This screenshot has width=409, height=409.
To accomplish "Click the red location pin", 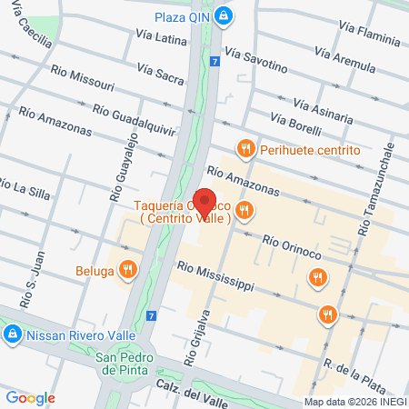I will [204, 202].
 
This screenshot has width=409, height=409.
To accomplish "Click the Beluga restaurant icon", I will [128, 269].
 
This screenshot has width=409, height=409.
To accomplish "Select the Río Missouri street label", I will [83, 78].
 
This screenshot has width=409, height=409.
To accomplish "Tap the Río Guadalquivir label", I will [135, 119].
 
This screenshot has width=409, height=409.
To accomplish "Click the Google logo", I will [31, 397].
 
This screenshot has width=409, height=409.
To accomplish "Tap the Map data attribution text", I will [354, 402].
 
